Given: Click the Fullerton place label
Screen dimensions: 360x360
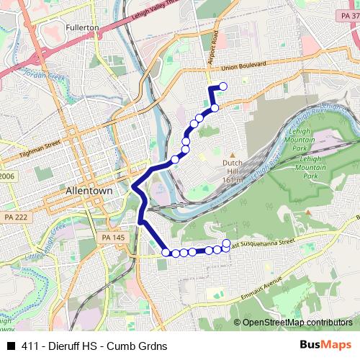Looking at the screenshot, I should [82, 27].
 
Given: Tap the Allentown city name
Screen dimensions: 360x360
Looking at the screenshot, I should [89, 192].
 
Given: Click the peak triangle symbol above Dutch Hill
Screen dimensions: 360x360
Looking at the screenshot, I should [233, 154].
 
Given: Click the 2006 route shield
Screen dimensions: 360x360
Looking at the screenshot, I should [6, 176].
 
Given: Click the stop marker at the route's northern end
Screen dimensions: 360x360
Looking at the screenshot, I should [222, 86].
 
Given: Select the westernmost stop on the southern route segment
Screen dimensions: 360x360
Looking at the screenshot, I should [166, 252].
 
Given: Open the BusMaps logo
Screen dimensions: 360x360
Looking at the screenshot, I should [326, 346].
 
